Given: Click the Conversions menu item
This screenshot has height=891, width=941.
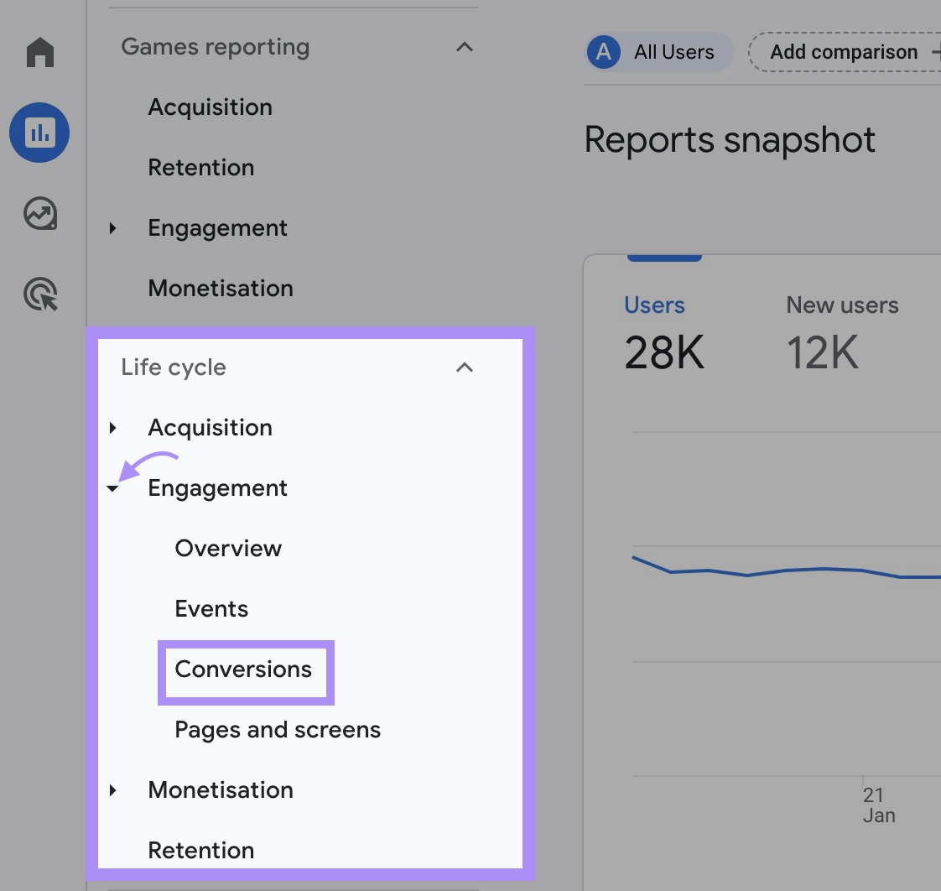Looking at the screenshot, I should point(243,670).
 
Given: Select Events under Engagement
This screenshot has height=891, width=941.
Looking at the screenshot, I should point(211,609).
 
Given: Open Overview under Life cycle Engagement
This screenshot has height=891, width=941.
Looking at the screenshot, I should point(228,549).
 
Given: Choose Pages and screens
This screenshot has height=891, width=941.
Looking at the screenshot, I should point(278,730).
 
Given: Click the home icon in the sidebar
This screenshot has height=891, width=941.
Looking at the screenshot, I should point(39,52).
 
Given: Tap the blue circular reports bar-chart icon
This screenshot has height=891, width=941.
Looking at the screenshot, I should point(39,133).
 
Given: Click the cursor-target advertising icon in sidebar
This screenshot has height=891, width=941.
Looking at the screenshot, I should point(39,295).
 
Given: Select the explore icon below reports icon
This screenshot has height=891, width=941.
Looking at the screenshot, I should point(39,214).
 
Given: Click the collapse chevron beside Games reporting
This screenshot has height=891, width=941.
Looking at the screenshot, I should point(464,47).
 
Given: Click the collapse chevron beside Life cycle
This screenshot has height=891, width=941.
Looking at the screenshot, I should point(464,367).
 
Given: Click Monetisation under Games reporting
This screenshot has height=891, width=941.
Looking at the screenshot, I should point(221,289).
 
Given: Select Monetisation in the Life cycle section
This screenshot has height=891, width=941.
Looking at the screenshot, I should point(221,790).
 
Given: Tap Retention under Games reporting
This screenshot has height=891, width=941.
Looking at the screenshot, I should point(200,168).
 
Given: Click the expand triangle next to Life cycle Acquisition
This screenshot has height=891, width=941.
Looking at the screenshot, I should point(113,428).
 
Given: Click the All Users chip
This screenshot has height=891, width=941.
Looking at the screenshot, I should point(658,52).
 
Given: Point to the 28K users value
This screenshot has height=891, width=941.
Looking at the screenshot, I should point(664,353).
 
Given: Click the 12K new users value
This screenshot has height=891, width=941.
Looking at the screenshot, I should point(822,353).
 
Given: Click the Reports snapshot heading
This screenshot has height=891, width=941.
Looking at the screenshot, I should point(730,140).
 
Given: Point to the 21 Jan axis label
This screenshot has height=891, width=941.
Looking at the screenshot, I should point(878,805).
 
